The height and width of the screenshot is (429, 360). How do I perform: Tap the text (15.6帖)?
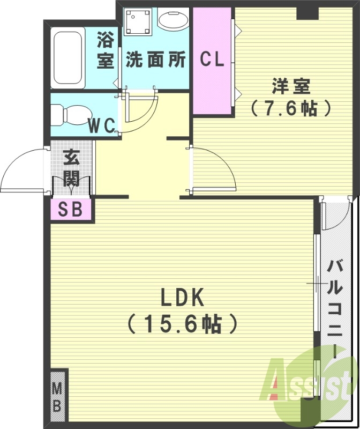tap(181, 323)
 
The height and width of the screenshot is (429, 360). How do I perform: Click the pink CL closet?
tap(212, 60)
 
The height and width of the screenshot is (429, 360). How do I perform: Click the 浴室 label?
tap(106, 50)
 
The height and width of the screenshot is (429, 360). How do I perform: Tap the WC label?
tap(101, 127)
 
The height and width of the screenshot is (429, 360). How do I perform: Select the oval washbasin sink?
tap(173, 23)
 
